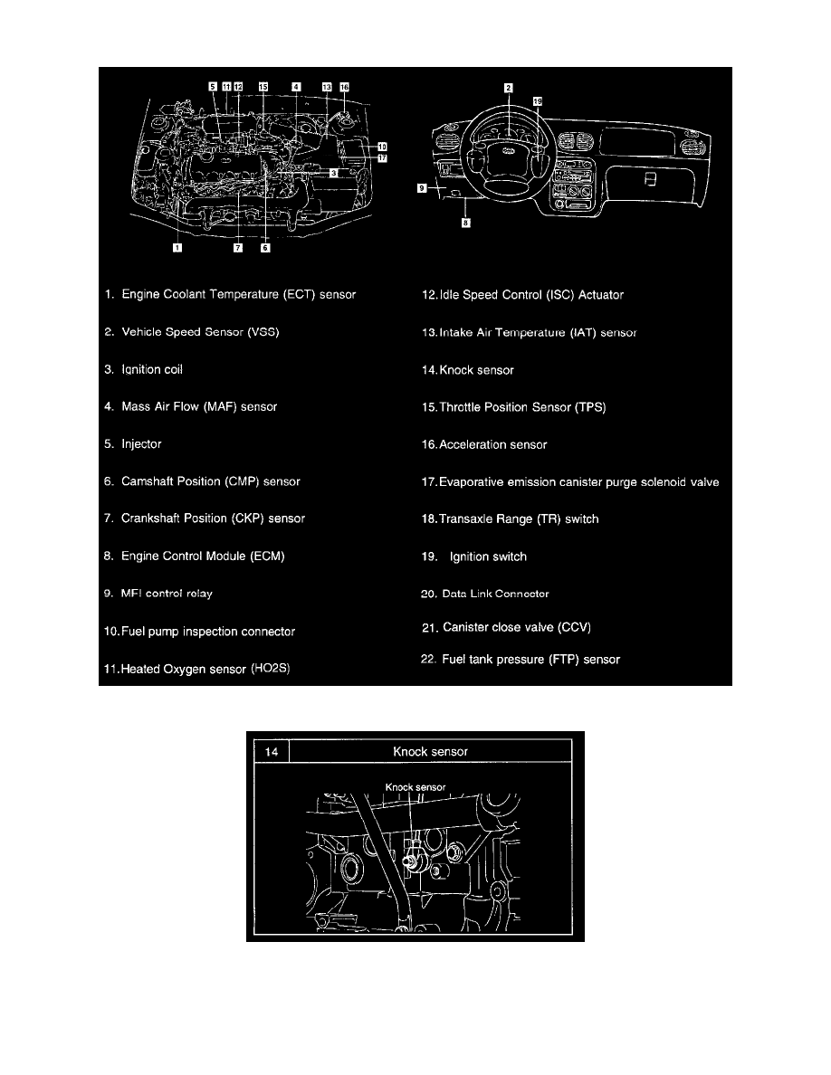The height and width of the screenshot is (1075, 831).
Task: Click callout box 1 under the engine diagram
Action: coord(177,248)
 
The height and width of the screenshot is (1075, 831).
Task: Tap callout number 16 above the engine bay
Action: coord(344,87)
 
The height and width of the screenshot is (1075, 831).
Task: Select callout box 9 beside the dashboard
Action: coord(423,188)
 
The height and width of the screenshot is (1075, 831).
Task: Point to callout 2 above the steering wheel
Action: coord(508,88)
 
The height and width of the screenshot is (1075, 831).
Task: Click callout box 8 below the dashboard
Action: coord(465,222)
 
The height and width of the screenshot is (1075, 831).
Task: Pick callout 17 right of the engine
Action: coord(382,158)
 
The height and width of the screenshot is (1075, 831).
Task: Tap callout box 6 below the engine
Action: coord(265,248)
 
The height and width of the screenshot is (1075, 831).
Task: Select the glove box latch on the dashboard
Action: coord(651,179)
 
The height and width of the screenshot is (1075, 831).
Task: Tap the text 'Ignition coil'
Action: coord(152,369)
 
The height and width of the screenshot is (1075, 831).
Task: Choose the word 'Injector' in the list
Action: coord(141,443)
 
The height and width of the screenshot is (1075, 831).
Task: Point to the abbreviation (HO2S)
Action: coord(270,668)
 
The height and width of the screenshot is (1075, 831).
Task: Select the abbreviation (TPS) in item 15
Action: coord(590,407)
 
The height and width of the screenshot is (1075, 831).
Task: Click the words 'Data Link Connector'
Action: coord(496,594)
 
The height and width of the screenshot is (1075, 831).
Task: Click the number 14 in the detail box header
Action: coord(272,751)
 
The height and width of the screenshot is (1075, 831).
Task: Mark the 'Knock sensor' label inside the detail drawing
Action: coord(415,787)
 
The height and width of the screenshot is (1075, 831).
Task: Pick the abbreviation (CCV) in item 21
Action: coord(574,627)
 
